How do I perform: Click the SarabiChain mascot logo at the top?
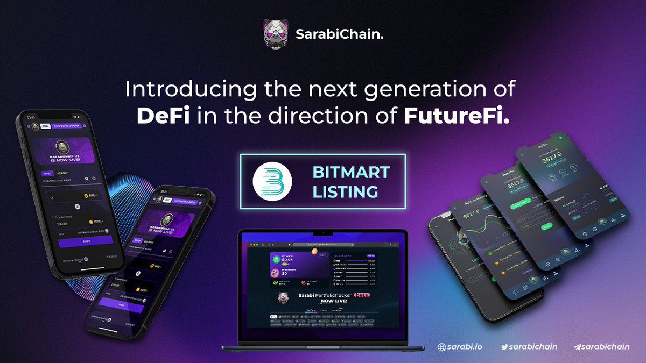[x=276, y=33]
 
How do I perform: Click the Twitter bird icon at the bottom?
[x=504, y=347]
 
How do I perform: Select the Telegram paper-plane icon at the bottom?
[x=577, y=347]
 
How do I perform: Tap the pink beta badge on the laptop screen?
[x=369, y=295]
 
